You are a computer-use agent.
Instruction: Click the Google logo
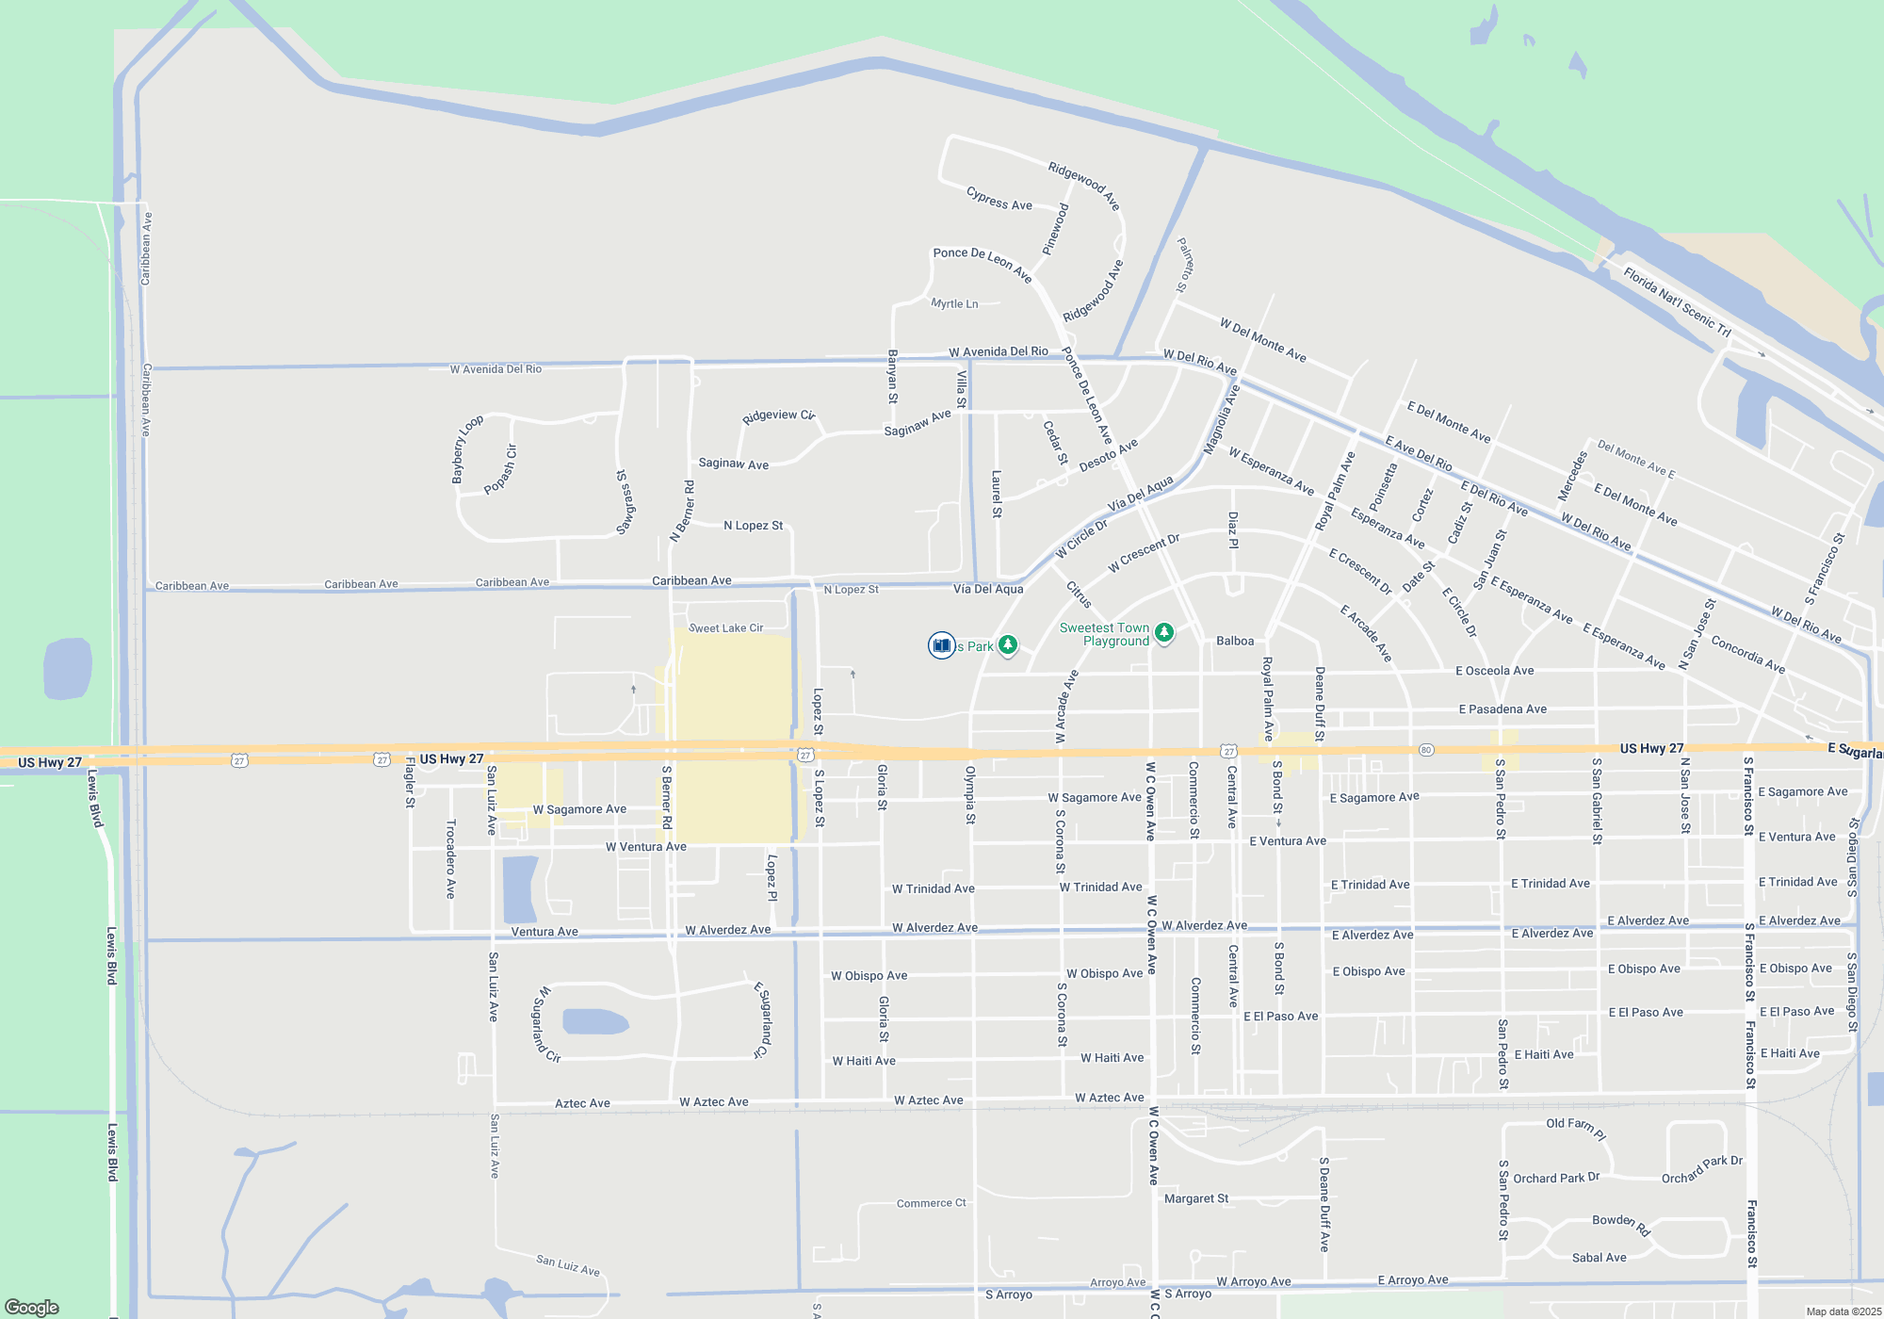[x=32, y=1307]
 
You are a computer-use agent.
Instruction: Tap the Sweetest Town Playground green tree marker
[x=1164, y=633]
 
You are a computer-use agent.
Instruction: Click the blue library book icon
[x=941, y=645]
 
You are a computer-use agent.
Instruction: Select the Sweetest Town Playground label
[x=1104, y=634]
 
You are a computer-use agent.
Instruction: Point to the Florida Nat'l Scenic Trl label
[x=1677, y=301]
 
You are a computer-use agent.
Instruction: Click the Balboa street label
[x=1234, y=641]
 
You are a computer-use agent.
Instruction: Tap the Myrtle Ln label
[x=954, y=303]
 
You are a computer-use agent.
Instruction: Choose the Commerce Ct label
[x=931, y=1203]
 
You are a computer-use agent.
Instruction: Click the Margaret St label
[x=1196, y=1198]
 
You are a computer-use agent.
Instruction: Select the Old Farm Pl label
[x=1576, y=1127]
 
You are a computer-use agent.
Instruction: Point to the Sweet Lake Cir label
[x=725, y=627]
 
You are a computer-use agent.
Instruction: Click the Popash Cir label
[x=501, y=469]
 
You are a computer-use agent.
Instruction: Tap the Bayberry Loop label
[x=467, y=449]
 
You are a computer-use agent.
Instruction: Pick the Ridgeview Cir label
[x=778, y=415]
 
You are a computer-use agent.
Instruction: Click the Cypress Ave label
[x=999, y=199]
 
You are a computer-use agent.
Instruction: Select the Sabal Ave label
[x=1599, y=1257]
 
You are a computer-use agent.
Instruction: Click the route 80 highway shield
[x=1426, y=750]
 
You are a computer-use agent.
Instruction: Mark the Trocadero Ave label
[x=450, y=858]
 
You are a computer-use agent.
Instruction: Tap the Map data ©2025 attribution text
[x=1843, y=1311]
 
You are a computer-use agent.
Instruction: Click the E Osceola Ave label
[x=1494, y=671]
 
